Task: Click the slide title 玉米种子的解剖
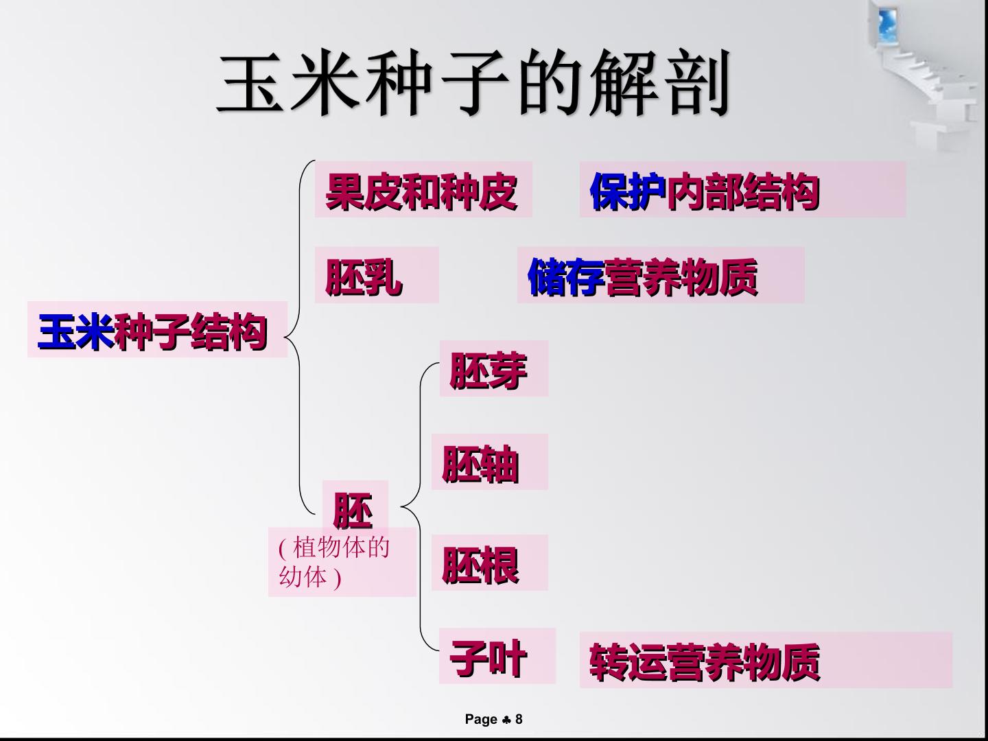tap(473, 83)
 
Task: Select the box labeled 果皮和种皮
tap(423, 189)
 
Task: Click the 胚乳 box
tap(376, 275)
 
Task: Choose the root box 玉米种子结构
tap(158, 329)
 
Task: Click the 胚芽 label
tap(494, 368)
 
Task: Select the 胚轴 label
tap(490, 462)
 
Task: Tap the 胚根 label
tap(490, 563)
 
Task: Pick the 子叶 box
tap(497, 656)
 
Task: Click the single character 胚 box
tap(355, 508)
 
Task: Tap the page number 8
tap(519, 719)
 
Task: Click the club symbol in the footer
tap(506, 720)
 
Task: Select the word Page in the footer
tap(481, 720)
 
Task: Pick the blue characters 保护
tap(628, 191)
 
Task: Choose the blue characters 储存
tap(566, 277)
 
